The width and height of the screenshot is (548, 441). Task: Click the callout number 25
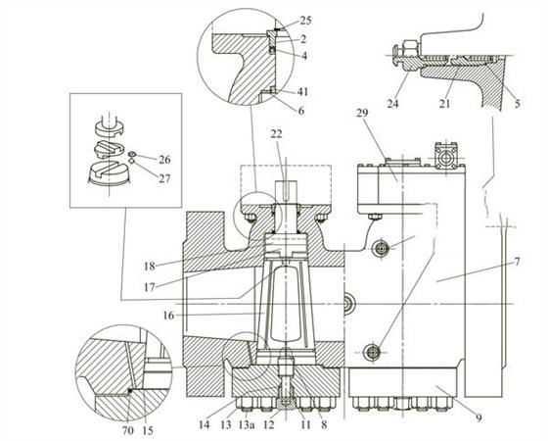pyautogui.click(x=305, y=21)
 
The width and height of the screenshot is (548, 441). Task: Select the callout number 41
pyautogui.click(x=302, y=92)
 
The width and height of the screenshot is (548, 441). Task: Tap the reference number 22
pyautogui.click(x=276, y=134)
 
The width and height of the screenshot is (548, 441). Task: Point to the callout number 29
pyautogui.click(x=362, y=114)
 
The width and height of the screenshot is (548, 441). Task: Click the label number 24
pyautogui.click(x=392, y=104)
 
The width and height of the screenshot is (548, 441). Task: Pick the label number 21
pyautogui.click(x=444, y=104)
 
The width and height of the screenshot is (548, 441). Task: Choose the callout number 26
pyautogui.click(x=164, y=160)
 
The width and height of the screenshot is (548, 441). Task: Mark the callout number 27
pyautogui.click(x=164, y=178)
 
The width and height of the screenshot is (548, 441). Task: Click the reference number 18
pyautogui.click(x=149, y=266)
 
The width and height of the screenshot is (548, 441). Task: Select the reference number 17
pyautogui.click(x=149, y=288)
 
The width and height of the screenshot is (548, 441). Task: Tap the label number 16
pyautogui.click(x=168, y=316)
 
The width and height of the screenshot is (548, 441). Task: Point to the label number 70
pyautogui.click(x=128, y=430)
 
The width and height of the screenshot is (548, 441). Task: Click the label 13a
pyautogui.click(x=246, y=425)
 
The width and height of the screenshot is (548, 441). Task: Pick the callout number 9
pyautogui.click(x=479, y=417)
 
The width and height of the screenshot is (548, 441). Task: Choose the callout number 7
pyautogui.click(x=517, y=261)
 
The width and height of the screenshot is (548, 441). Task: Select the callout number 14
pyautogui.click(x=205, y=425)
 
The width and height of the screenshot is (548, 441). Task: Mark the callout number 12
pyautogui.click(x=269, y=425)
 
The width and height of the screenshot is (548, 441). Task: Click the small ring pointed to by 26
pyautogui.click(x=132, y=154)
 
